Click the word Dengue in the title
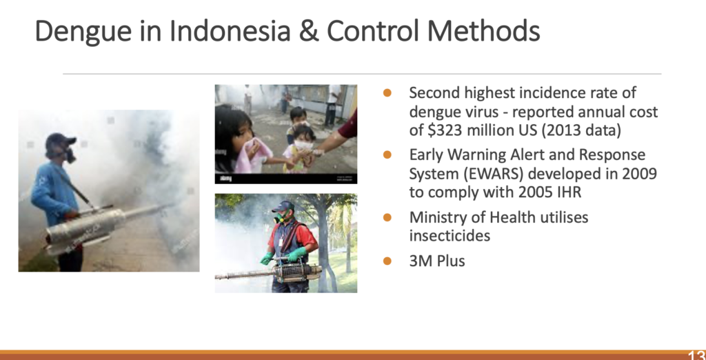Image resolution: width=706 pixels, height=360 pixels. click(83, 32)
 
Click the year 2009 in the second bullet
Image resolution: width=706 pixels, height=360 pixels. click(639, 174)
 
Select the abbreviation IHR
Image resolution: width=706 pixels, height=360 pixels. click(569, 192)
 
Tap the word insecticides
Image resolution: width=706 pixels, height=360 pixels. click(450, 235)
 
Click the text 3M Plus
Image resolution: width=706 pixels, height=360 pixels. click(436, 261)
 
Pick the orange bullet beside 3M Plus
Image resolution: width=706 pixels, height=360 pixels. click(387, 261)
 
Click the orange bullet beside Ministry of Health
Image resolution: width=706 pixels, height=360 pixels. click(387, 217)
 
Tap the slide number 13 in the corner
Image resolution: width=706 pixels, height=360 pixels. click(696, 354)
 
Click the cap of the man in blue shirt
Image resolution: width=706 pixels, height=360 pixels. click(59, 140)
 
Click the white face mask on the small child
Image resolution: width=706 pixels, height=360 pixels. click(303, 145)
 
